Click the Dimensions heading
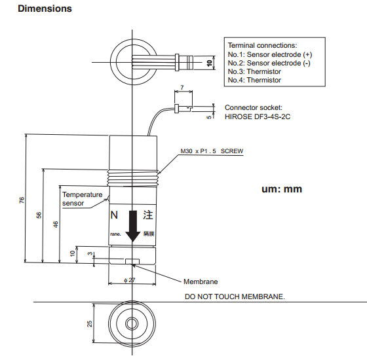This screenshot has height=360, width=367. (45, 9)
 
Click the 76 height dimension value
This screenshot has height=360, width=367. (22, 200)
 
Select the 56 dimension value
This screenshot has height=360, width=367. (39, 215)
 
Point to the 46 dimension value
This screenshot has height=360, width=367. (55, 225)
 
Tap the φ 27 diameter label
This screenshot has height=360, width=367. (130, 280)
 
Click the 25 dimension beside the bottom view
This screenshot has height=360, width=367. (89, 323)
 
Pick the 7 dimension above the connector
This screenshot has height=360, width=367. (182, 88)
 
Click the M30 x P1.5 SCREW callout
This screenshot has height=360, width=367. (212, 151)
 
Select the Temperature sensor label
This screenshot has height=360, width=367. (83, 199)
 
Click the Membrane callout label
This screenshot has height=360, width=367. (201, 281)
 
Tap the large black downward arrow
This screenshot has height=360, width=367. (133, 226)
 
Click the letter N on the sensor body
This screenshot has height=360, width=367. (114, 215)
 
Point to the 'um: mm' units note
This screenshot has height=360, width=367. (282, 189)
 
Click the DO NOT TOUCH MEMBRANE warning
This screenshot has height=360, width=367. (235, 297)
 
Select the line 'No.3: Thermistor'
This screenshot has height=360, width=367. (254, 71)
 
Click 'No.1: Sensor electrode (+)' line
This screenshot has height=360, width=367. (270, 54)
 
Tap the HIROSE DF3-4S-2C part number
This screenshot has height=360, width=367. (258, 117)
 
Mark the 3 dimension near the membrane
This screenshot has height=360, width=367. (90, 254)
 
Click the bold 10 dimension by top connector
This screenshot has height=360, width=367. (210, 63)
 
